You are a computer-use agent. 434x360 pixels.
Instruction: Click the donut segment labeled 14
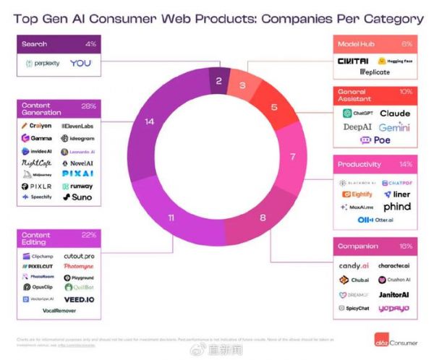[x=150, y=122]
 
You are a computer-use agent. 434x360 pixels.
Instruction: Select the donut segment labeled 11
[x=171, y=216]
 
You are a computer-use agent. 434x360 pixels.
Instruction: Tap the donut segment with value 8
[x=262, y=216]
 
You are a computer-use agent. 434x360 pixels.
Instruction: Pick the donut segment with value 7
[x=292, y=156]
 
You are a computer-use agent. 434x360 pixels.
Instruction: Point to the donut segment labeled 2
[x=218, y=81]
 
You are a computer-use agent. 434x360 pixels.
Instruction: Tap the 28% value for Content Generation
[x=89, y=106]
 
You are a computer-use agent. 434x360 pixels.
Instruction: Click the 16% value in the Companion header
[x=405, y=247]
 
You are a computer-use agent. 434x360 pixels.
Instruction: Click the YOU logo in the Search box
[x=81, y=64]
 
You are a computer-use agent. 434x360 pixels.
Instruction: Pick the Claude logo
[x=394, y=113]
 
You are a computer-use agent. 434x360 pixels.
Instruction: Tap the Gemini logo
[x=394, y=127]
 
